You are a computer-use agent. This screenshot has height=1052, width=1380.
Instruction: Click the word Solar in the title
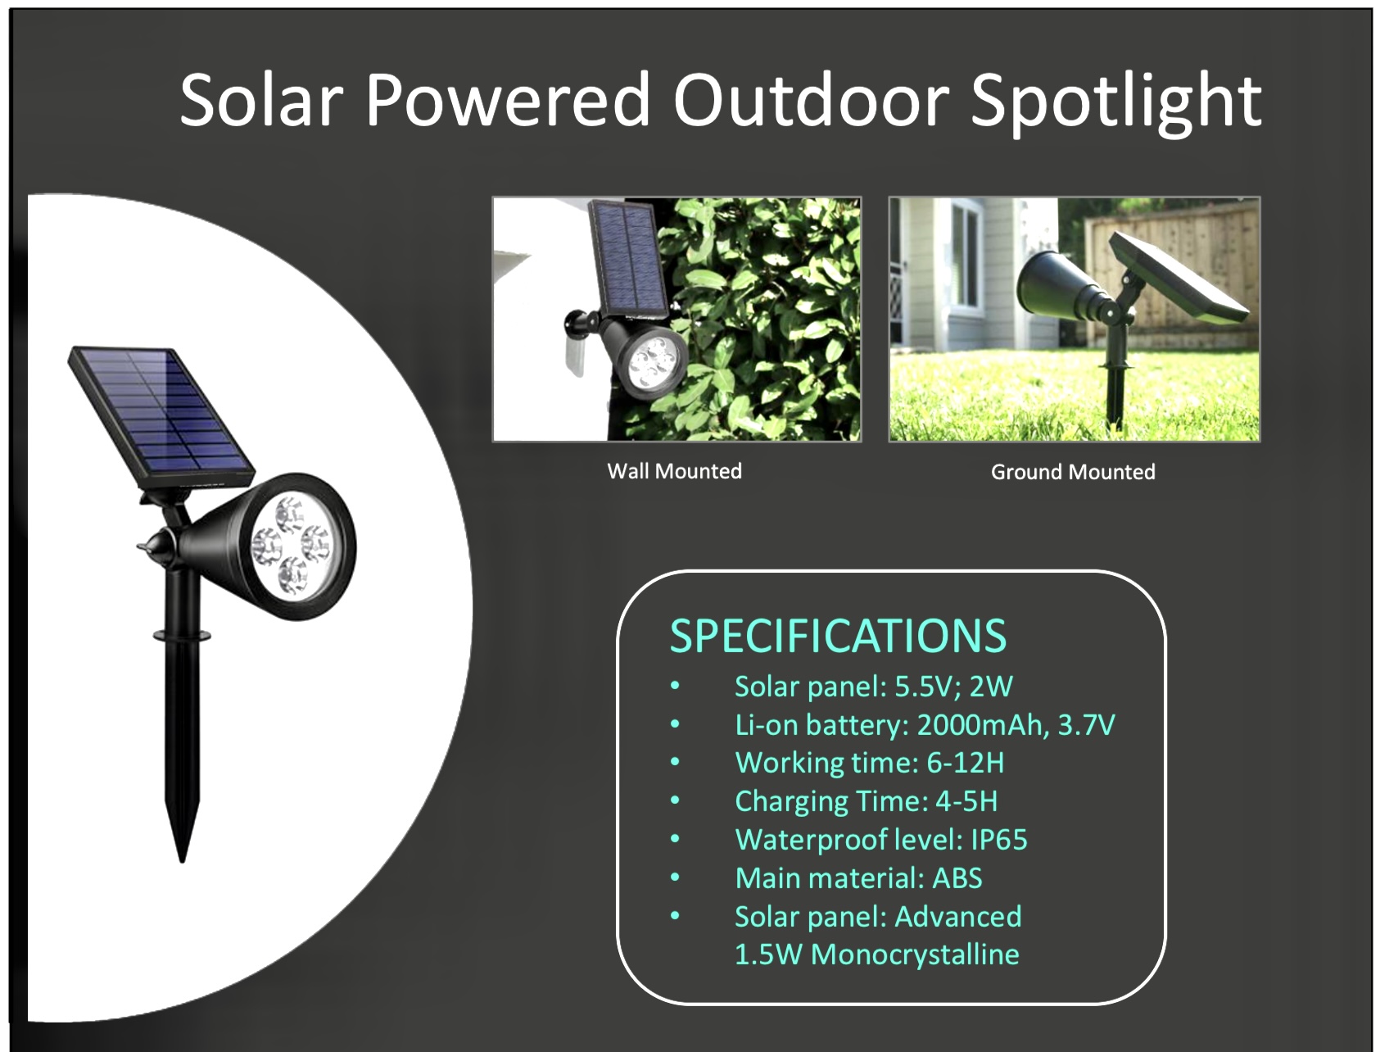(260, 99)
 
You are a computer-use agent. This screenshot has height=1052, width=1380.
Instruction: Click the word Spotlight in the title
(1116, 102)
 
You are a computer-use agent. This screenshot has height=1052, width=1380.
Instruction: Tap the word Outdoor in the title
(811, 99)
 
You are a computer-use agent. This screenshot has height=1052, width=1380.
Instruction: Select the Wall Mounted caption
(674, 471)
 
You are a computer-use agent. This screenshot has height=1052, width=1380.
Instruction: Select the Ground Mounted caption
(1073, 472)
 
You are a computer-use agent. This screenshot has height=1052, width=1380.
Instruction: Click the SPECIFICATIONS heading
(838, 636)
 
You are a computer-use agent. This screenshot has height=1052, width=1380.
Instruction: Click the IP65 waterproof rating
(998, 839)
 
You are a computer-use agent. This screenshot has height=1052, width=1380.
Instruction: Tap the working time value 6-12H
(965, 763)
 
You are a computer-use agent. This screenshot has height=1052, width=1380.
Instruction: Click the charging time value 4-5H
(966, 801)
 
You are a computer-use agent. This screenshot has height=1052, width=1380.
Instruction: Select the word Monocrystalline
(915, 955)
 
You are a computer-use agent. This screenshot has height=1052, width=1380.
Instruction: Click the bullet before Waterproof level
(675, 839)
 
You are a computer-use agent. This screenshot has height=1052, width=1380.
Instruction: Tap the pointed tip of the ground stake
(182, 860)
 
